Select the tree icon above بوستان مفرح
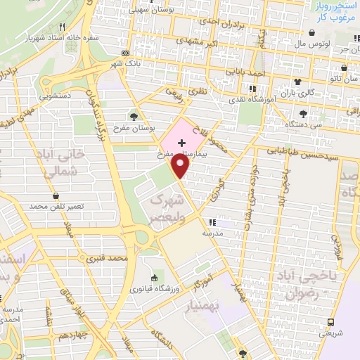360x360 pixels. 134,115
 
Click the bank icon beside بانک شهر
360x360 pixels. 125,53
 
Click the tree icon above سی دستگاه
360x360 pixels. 303,114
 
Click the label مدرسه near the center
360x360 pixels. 213,232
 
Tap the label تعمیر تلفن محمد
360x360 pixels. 57,207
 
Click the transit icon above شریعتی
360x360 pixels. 330,323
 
